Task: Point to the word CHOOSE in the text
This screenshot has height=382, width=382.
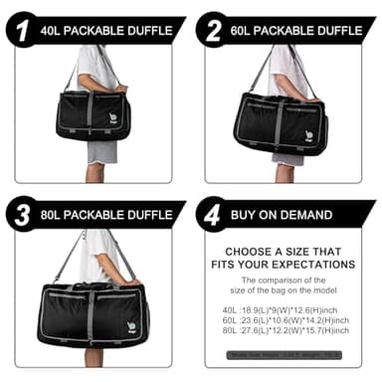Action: click(253, 249)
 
